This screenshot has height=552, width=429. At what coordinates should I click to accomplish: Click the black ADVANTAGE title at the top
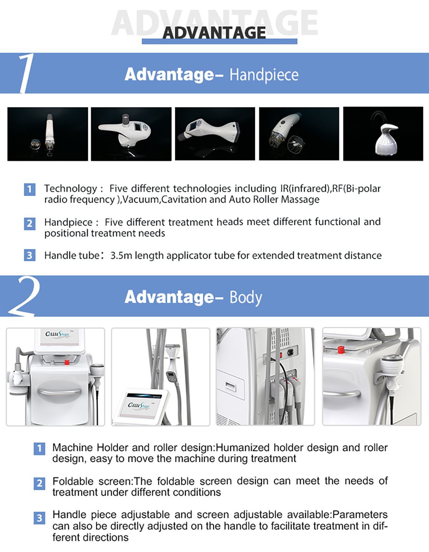pyautogui.click(x=214, y=33)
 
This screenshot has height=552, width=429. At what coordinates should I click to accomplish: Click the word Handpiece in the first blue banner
pyautogui.click(x=264, y=75)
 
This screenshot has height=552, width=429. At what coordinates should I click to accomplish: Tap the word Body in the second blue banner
pyautogui.click(x=246, y=298)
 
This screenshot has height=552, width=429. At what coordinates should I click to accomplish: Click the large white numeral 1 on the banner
pyautogui.click(x=25, y=73)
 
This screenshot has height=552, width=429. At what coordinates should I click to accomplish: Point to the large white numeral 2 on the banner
pyautogui.click(x=24, y=296)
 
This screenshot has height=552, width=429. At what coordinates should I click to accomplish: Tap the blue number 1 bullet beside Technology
pyautogui.click(x=30, y=189)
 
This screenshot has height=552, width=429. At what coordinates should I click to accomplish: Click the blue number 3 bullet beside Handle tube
pyautogui.click(x=30, y=255)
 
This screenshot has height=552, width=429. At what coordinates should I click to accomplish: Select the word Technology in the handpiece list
pyautogui.click(x=70, y=189)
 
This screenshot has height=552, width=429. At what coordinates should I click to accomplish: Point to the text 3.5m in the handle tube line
pyautogui.click(x=121, y=256)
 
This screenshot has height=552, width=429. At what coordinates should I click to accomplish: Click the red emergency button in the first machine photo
pyautogui.click(x=67, y=362)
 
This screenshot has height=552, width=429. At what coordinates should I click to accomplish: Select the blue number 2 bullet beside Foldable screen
pyautogui.click(x=39, y=483)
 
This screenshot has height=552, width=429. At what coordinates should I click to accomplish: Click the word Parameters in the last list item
pyautogui.click(x=360, y=515)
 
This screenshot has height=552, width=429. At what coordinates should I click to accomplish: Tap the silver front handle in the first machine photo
pyautogui.click(x=60, y=392)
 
